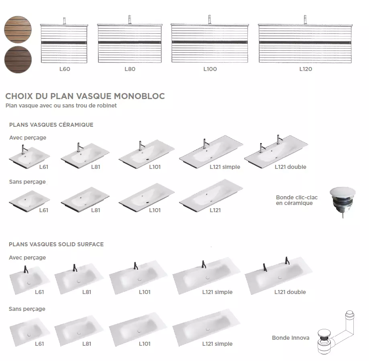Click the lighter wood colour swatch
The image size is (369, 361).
(x=18, y=30)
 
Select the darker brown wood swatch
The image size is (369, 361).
(x=18, y=59)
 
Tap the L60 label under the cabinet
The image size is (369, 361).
(x=65, y=69)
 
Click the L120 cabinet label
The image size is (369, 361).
(x=306, y=69)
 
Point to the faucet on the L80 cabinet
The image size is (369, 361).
(x=130, y=20)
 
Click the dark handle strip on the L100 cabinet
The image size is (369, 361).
(x=210, y=42)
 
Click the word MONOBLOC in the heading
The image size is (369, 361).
(x=139, y=96)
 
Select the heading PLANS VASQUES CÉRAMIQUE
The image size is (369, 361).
(x=51, y=125)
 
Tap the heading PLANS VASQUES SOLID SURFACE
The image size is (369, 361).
(x=56, y=244)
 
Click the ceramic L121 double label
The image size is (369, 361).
(x=290, y=167)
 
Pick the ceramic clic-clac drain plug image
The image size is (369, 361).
(x=342, y=201)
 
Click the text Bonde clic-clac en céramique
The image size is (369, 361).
(x=297, y=200)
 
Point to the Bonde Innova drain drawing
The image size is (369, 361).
(x=336, y=333)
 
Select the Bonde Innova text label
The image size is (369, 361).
(x=291, y=338)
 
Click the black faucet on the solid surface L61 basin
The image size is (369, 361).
(x=26, y=269)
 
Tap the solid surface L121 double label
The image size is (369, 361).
(x=290, y=292)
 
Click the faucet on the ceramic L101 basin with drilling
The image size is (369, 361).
(x=141, y=146)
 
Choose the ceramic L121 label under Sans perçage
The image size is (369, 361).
(x=215, y=210)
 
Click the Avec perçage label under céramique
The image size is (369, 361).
(x=28, y=138)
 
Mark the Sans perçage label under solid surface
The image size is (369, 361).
(x=27, y=309)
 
